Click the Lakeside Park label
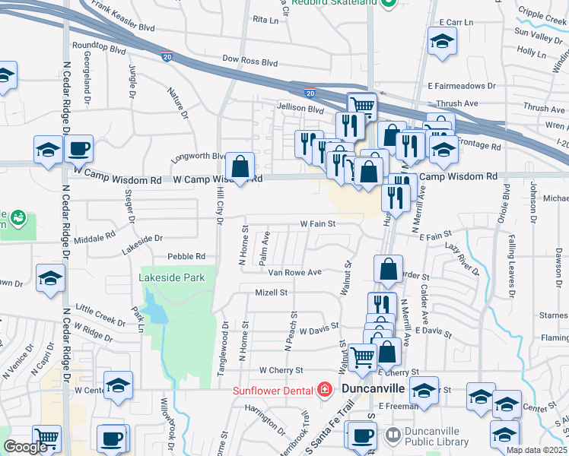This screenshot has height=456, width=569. point(172,278)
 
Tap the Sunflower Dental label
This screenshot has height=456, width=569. point(273,391)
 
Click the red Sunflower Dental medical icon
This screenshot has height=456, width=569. point(324,390)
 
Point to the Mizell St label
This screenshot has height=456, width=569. point(271,292)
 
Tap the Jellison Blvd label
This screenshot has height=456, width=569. point(300,109)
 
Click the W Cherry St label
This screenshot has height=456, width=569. point(281,370)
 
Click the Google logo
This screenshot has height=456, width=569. point(25,447)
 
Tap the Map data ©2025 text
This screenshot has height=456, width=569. point(537,450)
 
